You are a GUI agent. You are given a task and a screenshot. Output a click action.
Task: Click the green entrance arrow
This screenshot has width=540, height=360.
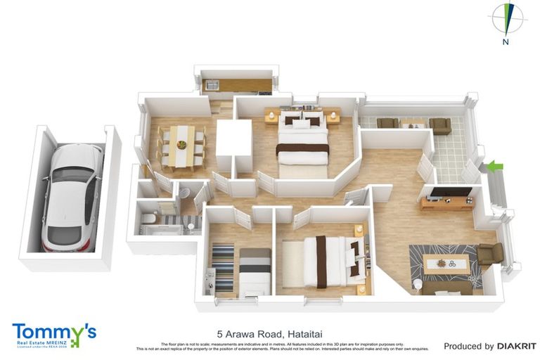click(x=496, y=167)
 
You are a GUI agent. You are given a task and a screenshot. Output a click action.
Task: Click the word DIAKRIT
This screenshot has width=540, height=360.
click(x=517, y=346)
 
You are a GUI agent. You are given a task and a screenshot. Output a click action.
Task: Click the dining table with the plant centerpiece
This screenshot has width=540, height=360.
click(x=181, y=146)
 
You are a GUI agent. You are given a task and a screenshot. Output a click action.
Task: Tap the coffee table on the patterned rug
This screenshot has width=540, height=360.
click(x=446, y=264)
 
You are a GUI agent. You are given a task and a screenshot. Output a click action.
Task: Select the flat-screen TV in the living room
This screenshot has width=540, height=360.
click(x=450, y=191)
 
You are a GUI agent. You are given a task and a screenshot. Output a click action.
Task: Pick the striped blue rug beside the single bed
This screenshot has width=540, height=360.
click(x=223, y=267)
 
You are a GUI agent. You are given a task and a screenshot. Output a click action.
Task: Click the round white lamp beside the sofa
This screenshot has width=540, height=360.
click(x=417, y=284)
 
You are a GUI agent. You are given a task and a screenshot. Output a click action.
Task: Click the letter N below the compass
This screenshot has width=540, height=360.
click(x=505, y=42)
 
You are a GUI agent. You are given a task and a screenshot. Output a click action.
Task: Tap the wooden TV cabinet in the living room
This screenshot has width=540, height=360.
click(x=447, y=203)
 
